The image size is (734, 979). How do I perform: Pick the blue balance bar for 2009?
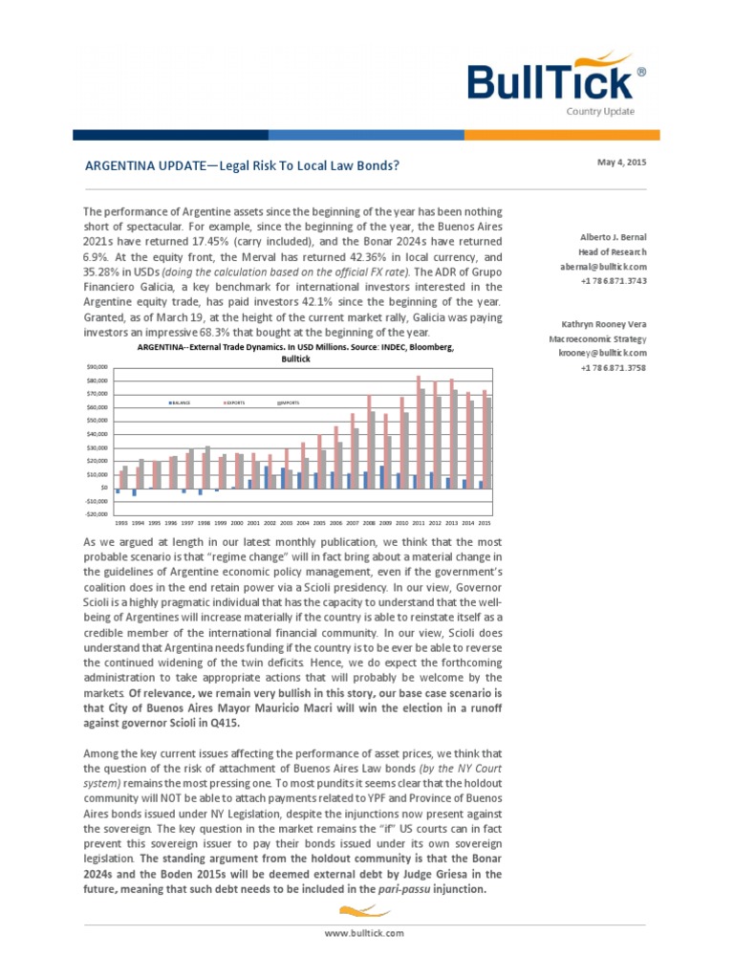click(382, 476)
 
